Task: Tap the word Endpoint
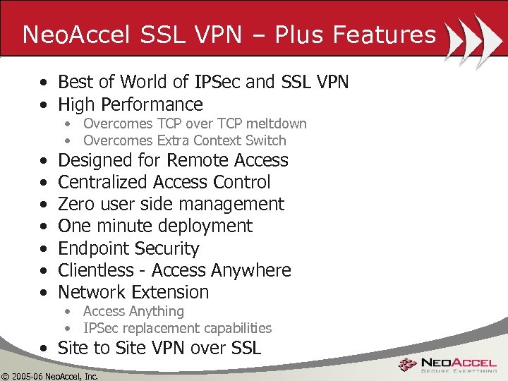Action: coord(93,248)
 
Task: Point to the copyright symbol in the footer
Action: coord(6,375)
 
